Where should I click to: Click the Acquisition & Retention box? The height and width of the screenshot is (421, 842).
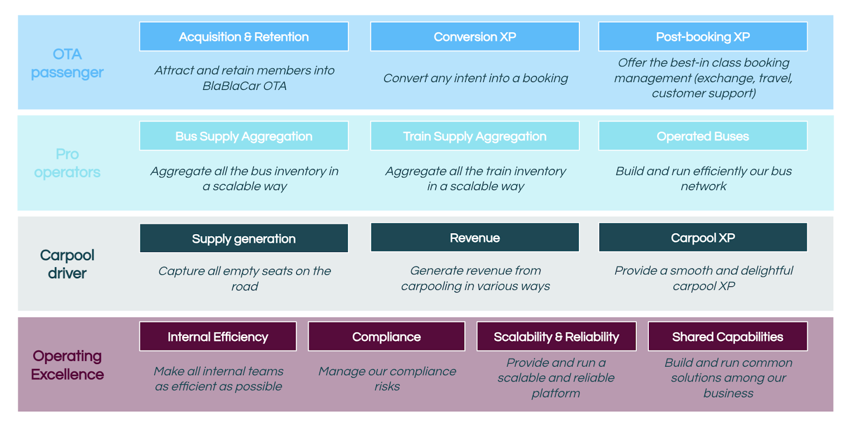(244, 36)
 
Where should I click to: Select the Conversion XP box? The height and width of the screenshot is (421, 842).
(475, 36)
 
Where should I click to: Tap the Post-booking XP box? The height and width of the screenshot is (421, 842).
(703, 36)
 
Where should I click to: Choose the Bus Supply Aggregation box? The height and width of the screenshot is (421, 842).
(244, 136)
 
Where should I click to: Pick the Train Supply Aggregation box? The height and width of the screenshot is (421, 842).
(475, 136)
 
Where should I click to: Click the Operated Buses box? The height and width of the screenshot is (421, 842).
(703, 136)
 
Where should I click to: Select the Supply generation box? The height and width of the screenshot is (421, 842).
(244, 238)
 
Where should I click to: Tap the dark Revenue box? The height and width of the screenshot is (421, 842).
(475, 237)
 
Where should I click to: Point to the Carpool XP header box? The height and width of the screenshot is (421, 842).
(703, 237)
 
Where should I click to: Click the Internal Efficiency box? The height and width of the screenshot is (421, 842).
(218, 336)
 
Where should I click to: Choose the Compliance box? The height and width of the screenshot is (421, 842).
(386, 336)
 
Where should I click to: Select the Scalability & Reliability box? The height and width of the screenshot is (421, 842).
(556, 336)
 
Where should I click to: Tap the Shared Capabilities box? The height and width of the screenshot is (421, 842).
(728, 336)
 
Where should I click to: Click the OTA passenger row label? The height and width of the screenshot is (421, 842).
(67, 63)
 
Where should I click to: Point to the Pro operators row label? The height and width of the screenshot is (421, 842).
(67, 163)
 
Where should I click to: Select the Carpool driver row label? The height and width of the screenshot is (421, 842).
(67, 264)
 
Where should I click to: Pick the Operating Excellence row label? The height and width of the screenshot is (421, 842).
(67, 365)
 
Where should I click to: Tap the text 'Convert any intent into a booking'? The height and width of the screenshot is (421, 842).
(476, 78)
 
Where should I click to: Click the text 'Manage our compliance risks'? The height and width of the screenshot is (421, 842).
(387, 379)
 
